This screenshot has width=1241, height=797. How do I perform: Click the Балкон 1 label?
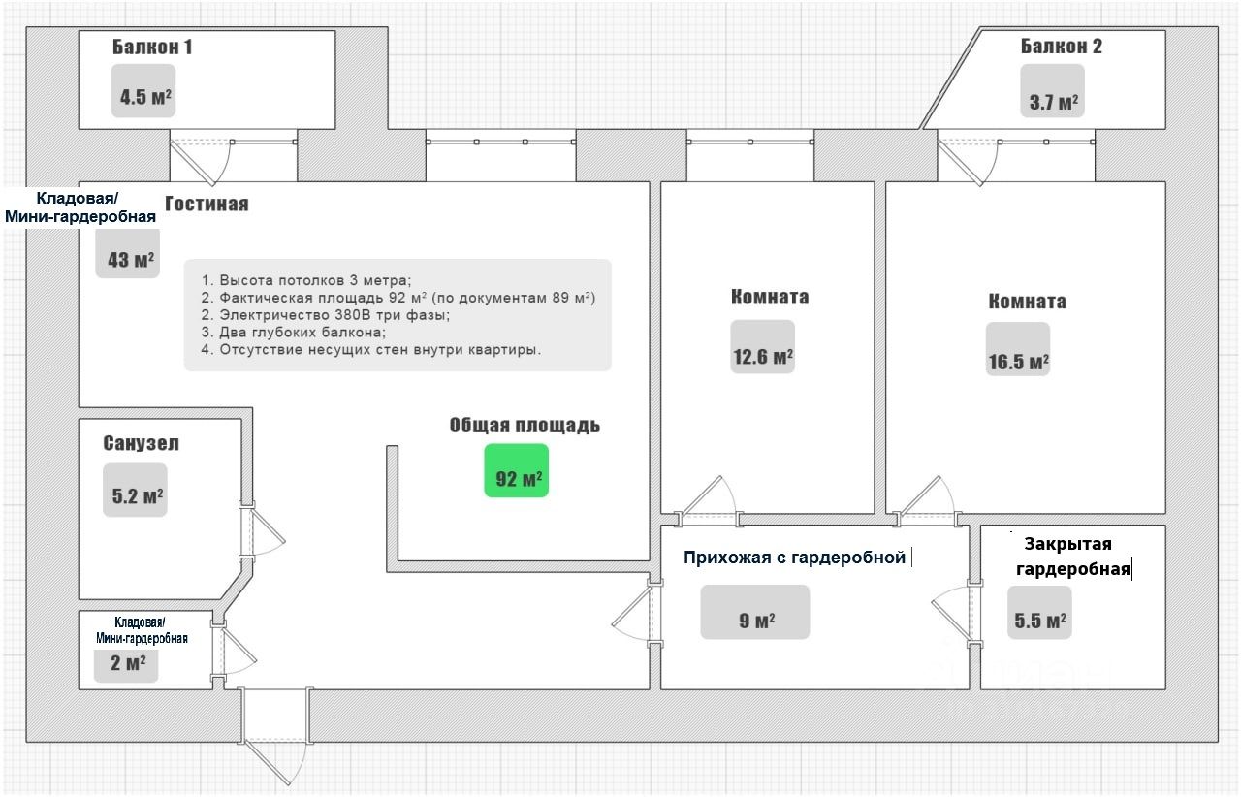[x=152, y=48]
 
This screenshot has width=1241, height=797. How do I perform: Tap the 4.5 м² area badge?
[x=143, y=91]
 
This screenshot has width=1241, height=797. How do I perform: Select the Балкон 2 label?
[x=1062, y=46]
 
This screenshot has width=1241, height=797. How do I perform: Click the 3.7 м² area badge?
[x=1053, y=91]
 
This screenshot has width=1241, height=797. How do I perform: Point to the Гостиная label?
[x=207, y=204]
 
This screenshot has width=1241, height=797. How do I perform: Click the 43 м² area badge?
[x=128, y=254]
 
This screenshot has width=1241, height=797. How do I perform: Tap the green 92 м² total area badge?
[x=517, y=470]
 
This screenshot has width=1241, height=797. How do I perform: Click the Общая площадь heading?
[x=525, y=425]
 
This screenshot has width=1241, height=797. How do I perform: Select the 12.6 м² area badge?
[x=762, y=346]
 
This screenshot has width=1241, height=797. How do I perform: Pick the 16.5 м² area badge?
[x=1018, y=349]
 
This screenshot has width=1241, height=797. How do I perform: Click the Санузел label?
[x=141, y=443]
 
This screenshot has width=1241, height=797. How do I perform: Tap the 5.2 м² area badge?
[x=135, y=490]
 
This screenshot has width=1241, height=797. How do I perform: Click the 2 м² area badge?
[x=126, y=664]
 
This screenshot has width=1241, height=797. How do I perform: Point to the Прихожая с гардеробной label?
[x=794, y=557]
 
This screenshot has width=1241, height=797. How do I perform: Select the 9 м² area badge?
[x=755, y=612]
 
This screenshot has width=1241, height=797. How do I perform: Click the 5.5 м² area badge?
[x=1039, y=613]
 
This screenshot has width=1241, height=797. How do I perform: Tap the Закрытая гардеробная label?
[x=1072, y=557]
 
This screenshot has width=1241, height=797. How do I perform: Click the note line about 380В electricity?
[x=326, y=315]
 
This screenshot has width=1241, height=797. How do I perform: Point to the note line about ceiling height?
[x=306, y=280]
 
